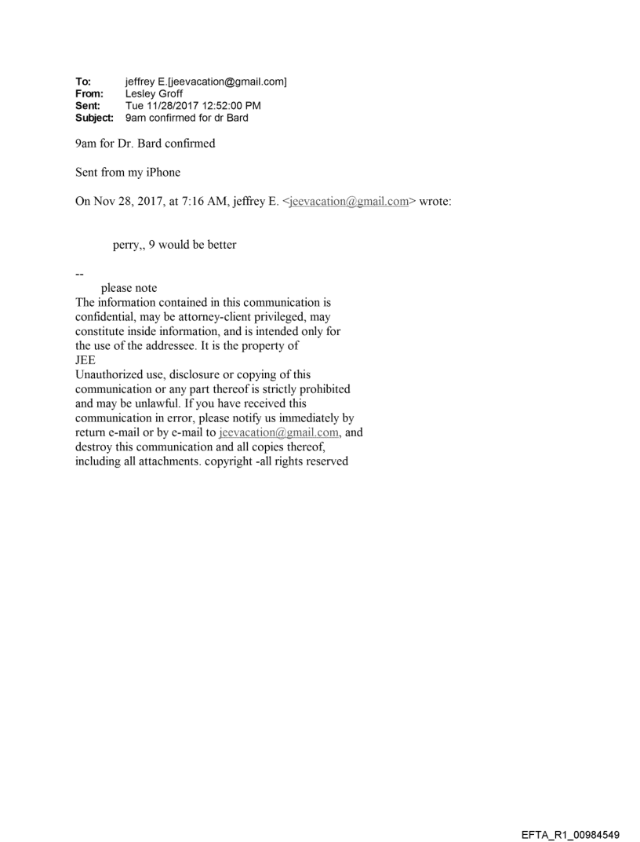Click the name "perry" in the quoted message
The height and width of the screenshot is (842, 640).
point(126,245)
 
